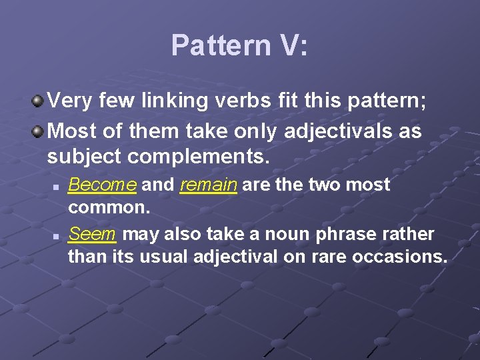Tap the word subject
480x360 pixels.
tap(85, 158)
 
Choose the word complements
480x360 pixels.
tap(200, 158)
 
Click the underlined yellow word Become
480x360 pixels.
tap(103, 185)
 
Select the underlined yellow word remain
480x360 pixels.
tap(208, 185)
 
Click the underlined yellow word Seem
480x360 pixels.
tap(93, 235)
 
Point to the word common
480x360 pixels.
tap(109, 207)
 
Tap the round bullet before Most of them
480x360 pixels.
tap(39, 131)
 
